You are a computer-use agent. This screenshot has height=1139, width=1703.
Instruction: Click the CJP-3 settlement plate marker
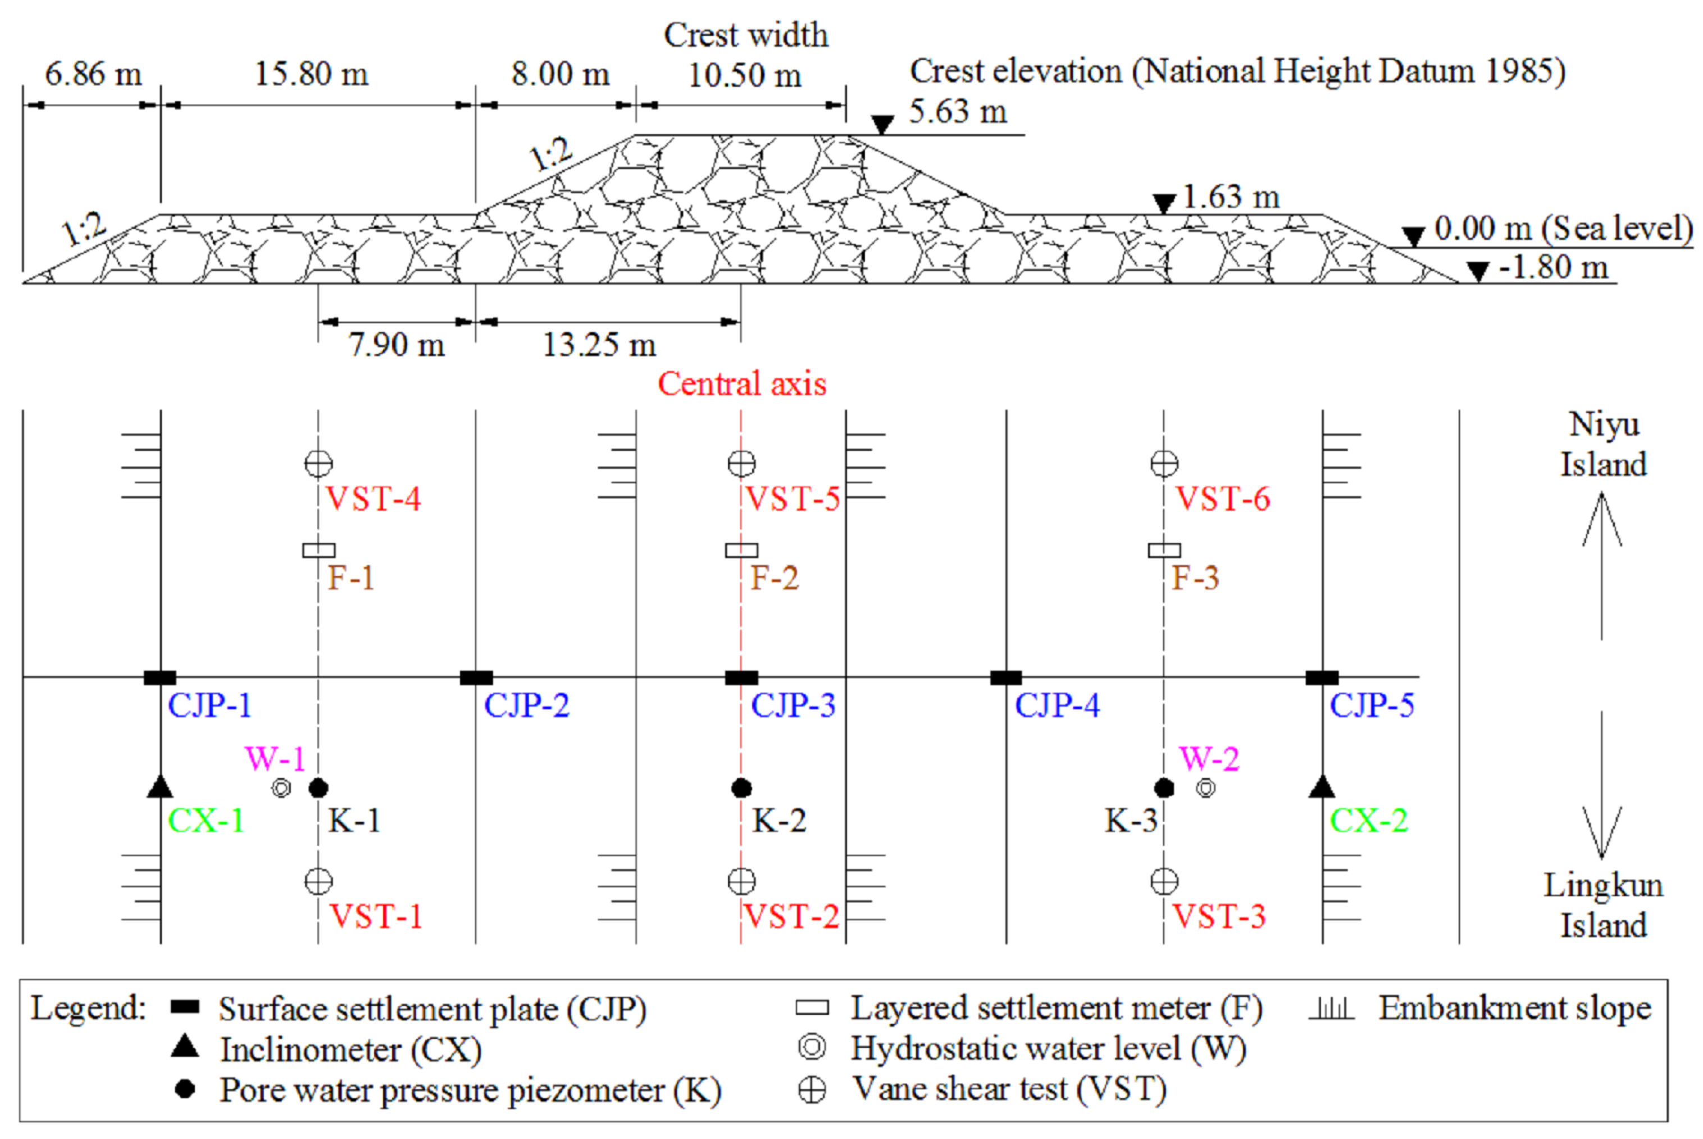[741, 678]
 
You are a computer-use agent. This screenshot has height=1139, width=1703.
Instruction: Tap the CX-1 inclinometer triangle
[160, 786]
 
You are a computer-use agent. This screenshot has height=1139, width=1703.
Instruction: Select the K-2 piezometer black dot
[741, 788]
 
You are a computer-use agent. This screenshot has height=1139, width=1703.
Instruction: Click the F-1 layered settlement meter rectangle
[318, 550]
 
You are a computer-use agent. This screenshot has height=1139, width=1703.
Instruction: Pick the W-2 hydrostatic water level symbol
[1206, 788]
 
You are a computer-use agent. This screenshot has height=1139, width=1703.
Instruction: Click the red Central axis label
[741, 383]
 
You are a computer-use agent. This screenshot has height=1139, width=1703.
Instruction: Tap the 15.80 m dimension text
[311, 74]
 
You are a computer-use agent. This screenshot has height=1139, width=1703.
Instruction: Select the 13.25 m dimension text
[599, 344]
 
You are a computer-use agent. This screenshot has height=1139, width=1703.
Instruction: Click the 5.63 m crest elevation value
[958, 112]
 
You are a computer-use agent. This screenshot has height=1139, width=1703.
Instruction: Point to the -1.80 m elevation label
[1553, 267]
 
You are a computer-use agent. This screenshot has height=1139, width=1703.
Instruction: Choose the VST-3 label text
[1219, 917]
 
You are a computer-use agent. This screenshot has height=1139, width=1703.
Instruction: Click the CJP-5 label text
[1372, 705]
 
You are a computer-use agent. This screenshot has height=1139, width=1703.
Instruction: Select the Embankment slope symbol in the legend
[1331, 1008]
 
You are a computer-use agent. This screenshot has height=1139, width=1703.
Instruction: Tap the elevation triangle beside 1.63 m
[1164, 203]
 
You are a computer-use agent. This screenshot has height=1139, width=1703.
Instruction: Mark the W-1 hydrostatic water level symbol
[281, 788]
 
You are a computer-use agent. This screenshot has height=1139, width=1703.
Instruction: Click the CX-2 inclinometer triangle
[1322, 786]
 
